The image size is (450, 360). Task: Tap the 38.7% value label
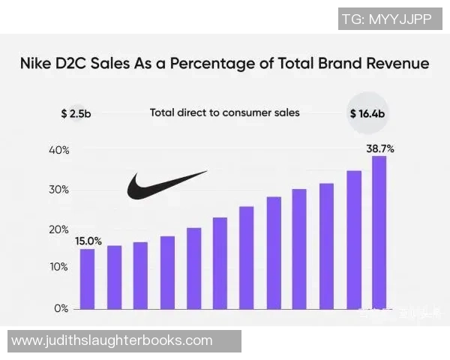(379, 148)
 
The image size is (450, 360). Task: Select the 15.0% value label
(88, 241)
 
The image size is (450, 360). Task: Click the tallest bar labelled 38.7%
(379, 232)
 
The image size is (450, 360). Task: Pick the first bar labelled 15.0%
(88, 279)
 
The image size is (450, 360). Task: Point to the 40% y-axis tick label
(60, 150)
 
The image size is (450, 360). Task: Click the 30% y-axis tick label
(60, 190)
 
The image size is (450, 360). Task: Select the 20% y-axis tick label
(60, 229)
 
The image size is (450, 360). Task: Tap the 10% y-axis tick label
(60, 267)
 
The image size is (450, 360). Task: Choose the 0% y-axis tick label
(62, 308)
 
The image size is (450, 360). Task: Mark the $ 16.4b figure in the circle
(368, 114)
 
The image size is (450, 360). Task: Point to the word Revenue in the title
(393, 64)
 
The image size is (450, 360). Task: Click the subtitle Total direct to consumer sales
(224, 112)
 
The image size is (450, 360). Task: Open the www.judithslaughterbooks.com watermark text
(112, 340)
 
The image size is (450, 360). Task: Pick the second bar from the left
(114, 277)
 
